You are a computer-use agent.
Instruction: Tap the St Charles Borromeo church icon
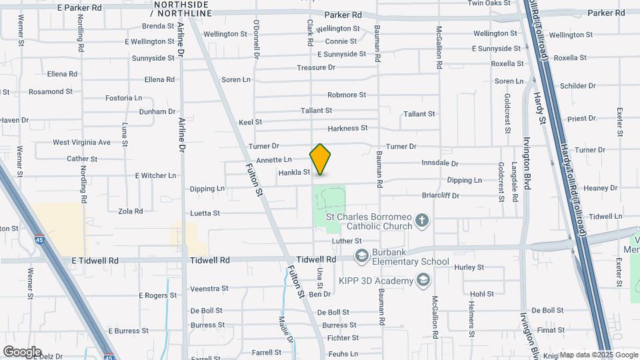[421, 220]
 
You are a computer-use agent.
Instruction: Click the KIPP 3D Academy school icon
[421, 280]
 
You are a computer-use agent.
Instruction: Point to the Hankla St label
[295, 172]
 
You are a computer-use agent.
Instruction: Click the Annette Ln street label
[274, 160]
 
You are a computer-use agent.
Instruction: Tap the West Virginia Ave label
[81, 142]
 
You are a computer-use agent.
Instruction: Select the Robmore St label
[347, 95]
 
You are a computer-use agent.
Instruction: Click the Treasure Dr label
[316, 68]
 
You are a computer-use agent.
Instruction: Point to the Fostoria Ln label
[124, 98]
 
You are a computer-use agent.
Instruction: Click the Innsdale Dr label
[441, 163]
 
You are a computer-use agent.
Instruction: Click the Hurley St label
[469, 267]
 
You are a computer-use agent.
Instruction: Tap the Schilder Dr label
[577, 86]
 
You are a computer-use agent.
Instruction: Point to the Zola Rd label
[130, 211]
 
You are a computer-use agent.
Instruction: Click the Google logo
[22, 352]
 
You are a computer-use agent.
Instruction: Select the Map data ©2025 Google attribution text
[599, 355]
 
